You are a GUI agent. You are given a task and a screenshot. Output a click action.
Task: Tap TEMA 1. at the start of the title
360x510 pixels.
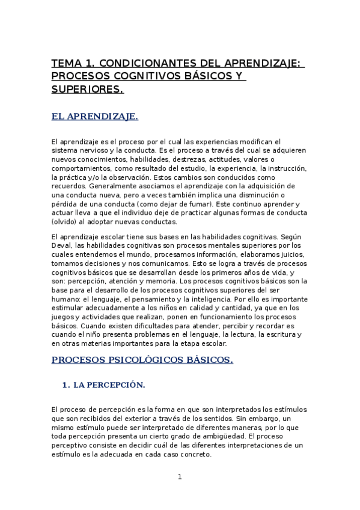(x=72, y=63)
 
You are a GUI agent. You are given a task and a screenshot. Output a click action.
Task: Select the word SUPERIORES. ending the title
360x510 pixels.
(x=88, y=90)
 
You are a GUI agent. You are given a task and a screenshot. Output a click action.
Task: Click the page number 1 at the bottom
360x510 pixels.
(x=179, y=477)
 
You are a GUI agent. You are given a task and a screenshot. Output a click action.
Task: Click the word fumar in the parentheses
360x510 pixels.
(x=195, y=204)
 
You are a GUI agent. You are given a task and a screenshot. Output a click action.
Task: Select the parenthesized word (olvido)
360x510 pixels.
(x=65, y=221)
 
